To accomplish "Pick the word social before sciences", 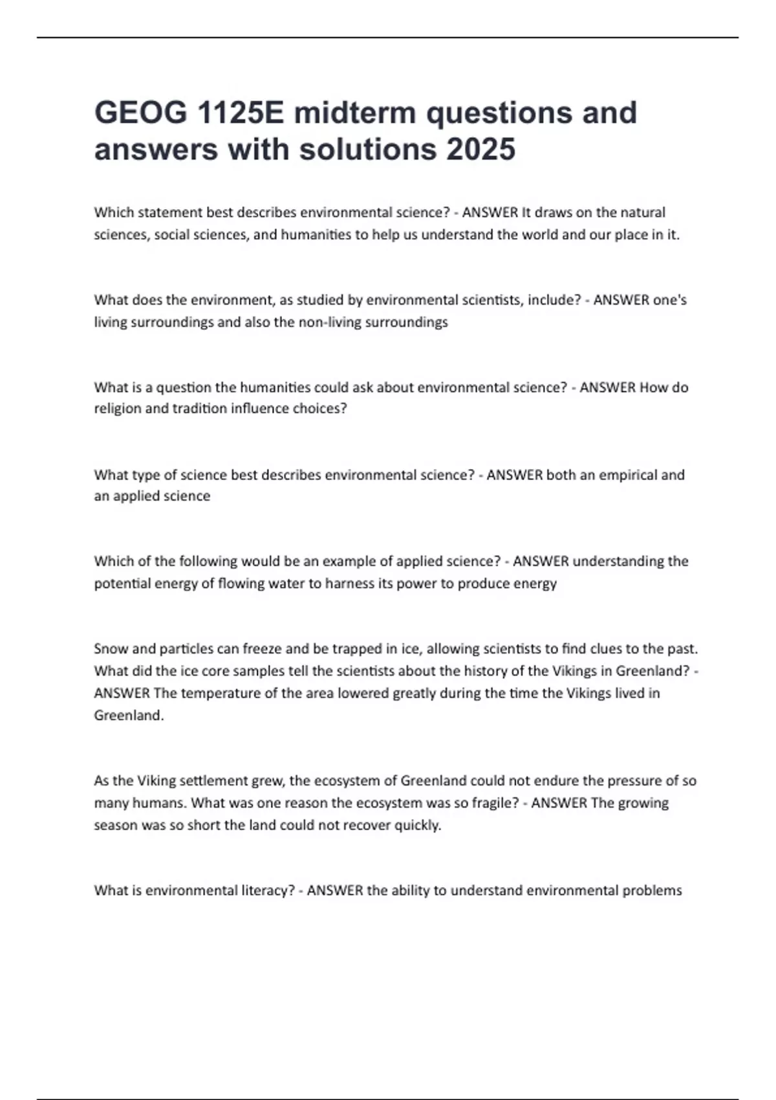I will [x=171, y=235].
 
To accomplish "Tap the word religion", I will [x=118, y=409].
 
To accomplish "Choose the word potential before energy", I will [x=121, y=584].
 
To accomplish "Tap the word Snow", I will [x=110, y=649].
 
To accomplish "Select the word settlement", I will [x=213, y=781].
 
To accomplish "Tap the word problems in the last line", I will [x=652, y=891].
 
